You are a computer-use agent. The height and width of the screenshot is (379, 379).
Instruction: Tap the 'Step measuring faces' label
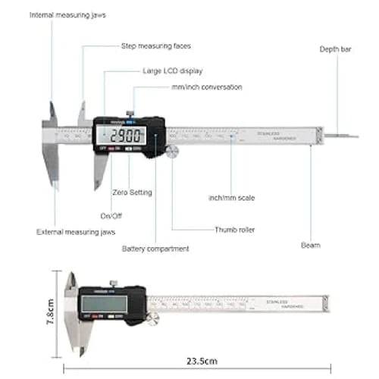pos(156,46)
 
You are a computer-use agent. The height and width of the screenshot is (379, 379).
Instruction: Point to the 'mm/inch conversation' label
pos(206,87)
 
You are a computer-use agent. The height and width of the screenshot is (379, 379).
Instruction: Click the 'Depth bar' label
pos(334,49)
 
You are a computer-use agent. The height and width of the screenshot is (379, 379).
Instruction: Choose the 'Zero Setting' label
pos(132,193)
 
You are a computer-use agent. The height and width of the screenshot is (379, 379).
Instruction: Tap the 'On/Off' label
pos(111,215)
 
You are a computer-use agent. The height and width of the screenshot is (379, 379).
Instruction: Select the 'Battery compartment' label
pos(155,248)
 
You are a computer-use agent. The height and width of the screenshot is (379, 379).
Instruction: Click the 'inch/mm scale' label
pos(232,198)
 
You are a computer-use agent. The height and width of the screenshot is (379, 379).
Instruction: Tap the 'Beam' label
pos(310,245)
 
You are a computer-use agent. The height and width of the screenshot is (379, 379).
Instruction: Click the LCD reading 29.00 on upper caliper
pos(127,137)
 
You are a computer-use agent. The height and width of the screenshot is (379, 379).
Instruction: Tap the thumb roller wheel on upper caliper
pos(173,152)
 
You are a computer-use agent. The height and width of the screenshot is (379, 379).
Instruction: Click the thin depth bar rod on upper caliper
pos(342,136)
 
